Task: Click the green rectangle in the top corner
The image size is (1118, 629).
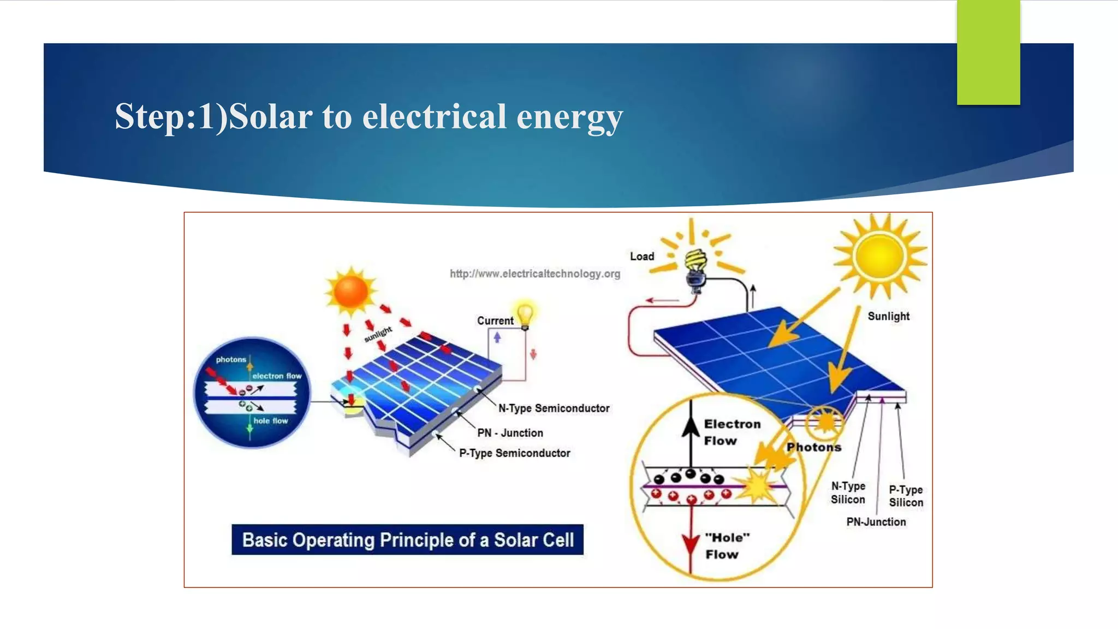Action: [988, 52]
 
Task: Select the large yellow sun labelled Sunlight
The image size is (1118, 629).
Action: [880, 256]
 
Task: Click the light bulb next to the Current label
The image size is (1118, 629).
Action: [525, 315]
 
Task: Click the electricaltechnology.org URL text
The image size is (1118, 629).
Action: [534, 274]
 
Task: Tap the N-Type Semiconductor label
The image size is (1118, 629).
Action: [554, 408]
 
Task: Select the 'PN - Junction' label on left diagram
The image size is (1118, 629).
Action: [510, 433]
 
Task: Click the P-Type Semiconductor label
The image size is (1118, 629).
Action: [514, 453]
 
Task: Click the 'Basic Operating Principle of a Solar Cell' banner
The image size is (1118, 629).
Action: [407, 540]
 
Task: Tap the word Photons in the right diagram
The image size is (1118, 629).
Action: [813, 447]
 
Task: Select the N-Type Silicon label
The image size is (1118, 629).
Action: [848, 492]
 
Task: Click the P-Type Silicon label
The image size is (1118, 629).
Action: [906, 496]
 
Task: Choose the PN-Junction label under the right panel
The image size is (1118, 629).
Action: [876, 522]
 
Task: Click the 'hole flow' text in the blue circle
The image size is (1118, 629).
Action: [270, 421]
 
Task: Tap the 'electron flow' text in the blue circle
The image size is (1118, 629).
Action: [277, 376]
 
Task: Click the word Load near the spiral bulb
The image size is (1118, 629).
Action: [641, 257]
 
